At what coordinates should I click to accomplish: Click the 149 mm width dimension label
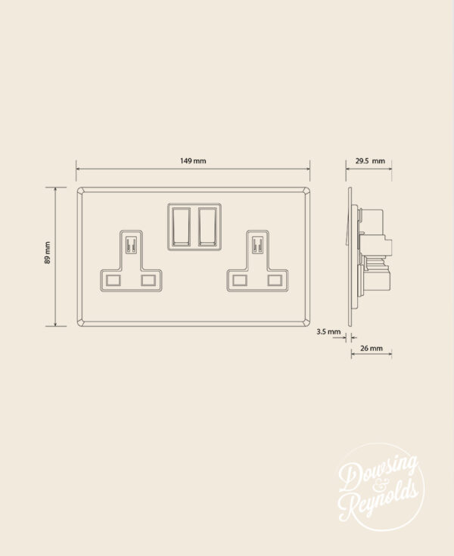coord(193,161)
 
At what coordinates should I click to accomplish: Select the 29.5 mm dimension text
coord(370,161)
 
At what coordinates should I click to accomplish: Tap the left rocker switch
coord(182,224)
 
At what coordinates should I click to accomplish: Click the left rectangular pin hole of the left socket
coord(113,280)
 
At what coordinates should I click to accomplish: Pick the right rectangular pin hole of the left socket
coord(148,280)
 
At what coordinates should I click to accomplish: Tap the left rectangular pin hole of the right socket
coord(239,280)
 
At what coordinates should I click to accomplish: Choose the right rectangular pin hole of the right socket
coord(274,280)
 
